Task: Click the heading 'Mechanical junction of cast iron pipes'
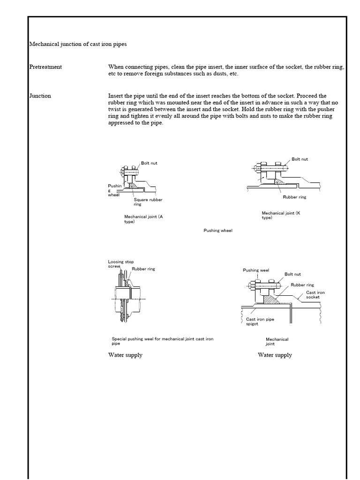[x=78, y=44]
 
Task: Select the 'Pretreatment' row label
[x=45, y=67]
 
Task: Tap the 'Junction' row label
[x=40, y=96]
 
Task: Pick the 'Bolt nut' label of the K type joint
[x=300, y=159]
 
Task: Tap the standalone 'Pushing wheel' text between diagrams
[x=218, y=231]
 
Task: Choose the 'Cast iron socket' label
[x=315, y=295]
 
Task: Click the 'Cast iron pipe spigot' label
[x=260, y=322]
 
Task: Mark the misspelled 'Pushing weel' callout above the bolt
[x=256, y=270]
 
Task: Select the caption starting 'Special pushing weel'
[x=162, y=341]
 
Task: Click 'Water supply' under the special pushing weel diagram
[x=125, y=355]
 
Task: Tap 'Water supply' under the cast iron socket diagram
[x=275, y=355]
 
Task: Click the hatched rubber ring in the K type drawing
[x=279, y=180]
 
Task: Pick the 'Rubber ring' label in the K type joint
[x=294, y=197]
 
